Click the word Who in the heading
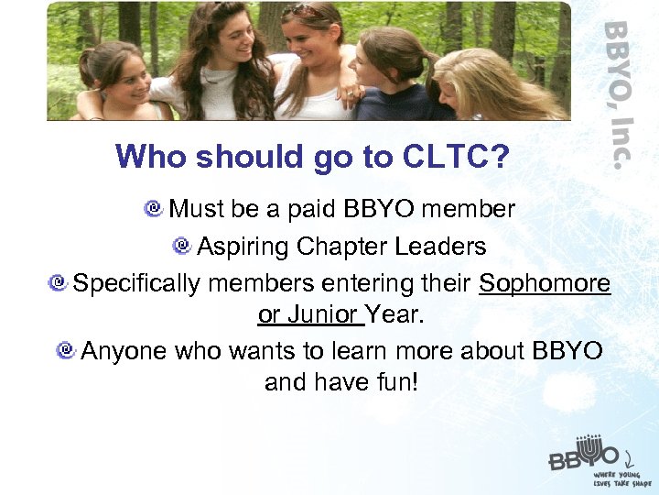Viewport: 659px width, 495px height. (146, 158)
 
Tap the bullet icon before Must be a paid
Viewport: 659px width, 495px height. (154, 209)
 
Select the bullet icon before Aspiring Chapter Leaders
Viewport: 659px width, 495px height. (181, 246)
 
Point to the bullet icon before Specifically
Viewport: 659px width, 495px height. (59, 283)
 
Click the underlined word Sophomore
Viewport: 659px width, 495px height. (545, 283)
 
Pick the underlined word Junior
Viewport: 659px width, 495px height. (320, 314)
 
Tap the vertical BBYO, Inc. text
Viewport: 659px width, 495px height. (619, 92)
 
